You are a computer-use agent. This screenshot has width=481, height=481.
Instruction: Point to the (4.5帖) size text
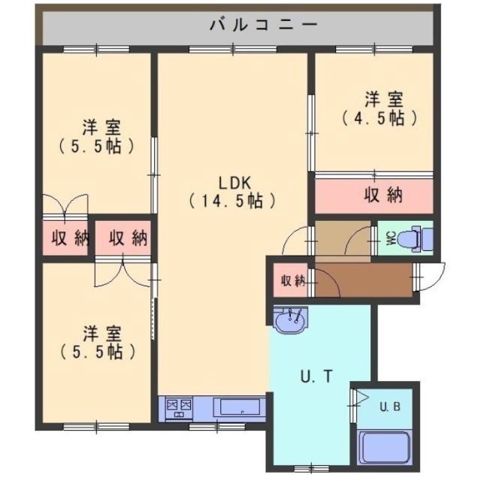[x=379, y=118]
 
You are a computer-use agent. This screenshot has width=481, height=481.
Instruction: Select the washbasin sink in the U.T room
[x=290, y=322]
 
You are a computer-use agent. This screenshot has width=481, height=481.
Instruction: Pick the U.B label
[x=389, y=407]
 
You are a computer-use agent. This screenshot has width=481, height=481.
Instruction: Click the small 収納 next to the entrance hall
[x=292, y=281]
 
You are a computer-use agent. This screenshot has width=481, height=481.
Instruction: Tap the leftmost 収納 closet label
[x=69, y=239]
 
